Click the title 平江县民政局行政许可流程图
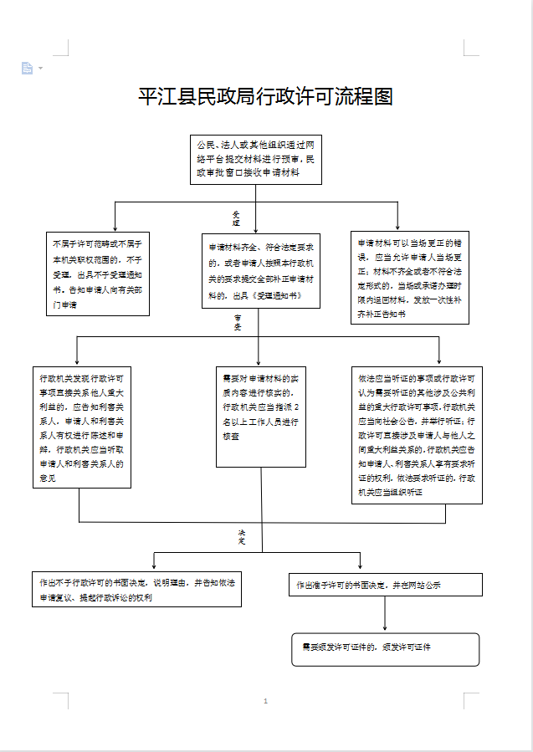click(265, 97)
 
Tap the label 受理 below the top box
click(236, 218)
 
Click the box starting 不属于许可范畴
click(98, 274)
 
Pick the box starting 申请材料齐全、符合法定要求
click(260, 271)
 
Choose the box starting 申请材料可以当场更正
click(409, 277)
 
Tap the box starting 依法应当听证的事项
click(417, 434)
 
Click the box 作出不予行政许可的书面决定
click(136, 589)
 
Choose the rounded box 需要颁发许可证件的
click(385, 649)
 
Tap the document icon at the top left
click(27, 68)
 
